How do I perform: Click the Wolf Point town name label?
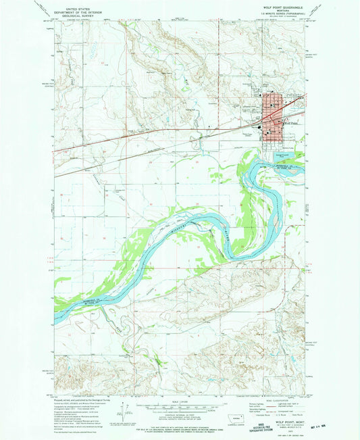(x=292, y=123)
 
